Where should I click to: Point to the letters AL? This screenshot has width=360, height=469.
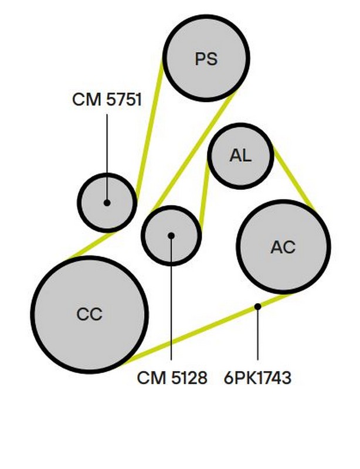(x=240, y=156)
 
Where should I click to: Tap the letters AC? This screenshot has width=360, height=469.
(x=283, y=247)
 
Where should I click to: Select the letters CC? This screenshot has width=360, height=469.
(x=89, y=315)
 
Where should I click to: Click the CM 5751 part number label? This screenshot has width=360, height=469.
(x=107, y=99)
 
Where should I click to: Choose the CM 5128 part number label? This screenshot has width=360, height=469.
(x=172, y=378)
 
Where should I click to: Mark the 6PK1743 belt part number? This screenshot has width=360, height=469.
(x=257, y=378)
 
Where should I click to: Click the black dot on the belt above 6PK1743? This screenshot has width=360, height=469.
(x=257, y=306)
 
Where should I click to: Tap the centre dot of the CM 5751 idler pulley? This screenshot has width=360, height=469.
(x=107, y=203)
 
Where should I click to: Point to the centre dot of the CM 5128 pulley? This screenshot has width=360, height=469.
(x=171, y=236)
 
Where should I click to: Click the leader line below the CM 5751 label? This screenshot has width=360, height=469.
(x=107, y=152)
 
